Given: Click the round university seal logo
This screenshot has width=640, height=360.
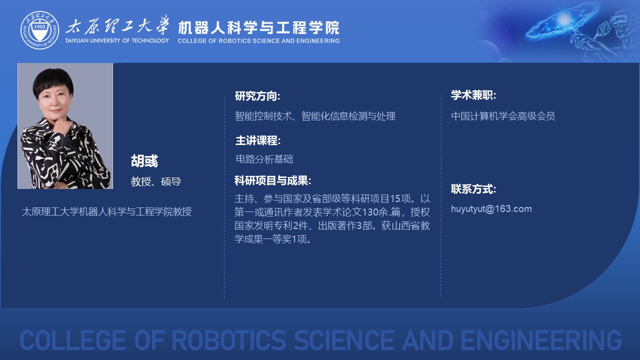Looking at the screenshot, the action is tap(39, 30).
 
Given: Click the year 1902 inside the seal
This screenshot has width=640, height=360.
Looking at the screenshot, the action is tap(39, 26).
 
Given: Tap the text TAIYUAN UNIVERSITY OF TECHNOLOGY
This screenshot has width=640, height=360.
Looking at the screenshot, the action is tap(117, 40).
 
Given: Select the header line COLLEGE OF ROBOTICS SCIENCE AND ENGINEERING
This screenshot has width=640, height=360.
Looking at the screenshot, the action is tap(258, 41).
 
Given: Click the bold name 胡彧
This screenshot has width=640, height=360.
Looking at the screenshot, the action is tap(144, 161).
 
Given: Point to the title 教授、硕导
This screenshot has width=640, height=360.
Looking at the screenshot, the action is tap(156, 181).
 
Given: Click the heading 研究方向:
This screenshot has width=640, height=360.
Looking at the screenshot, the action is tap(257, 96).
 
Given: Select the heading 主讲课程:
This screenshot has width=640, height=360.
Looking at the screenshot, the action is tap(258, 140).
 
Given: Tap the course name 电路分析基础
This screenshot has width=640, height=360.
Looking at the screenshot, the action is tap(264, 159).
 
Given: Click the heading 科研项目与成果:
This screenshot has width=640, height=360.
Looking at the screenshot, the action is tap(272, 180).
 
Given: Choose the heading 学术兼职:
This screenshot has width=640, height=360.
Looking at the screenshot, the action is tap(473, 95).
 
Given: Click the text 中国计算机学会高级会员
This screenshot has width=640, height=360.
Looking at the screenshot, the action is tap(503, 116).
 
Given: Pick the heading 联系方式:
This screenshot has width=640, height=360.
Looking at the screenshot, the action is tap(473, 189).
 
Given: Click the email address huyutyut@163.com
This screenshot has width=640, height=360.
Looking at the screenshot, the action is tap(491, 209).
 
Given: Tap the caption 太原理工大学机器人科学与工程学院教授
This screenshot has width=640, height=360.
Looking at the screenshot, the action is tap(106, 211).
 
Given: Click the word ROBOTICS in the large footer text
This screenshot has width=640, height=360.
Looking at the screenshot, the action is tap(229, 340).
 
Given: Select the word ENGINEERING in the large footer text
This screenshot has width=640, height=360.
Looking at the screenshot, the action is tap(541, 340).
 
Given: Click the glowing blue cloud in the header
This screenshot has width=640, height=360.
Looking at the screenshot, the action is tap(561, 21).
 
